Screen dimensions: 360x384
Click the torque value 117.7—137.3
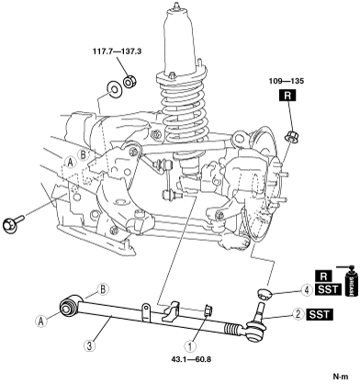coord(117,51)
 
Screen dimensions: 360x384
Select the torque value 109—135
coord(287,81)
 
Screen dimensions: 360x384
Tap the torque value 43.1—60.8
coord(191,359)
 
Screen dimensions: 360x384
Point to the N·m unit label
coord(341,376)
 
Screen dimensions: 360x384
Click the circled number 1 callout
coord(190,346)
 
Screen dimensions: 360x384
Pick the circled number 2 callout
coord(298,314)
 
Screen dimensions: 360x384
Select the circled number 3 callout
coord(89,346)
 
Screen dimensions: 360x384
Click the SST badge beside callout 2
coord(320,314)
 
